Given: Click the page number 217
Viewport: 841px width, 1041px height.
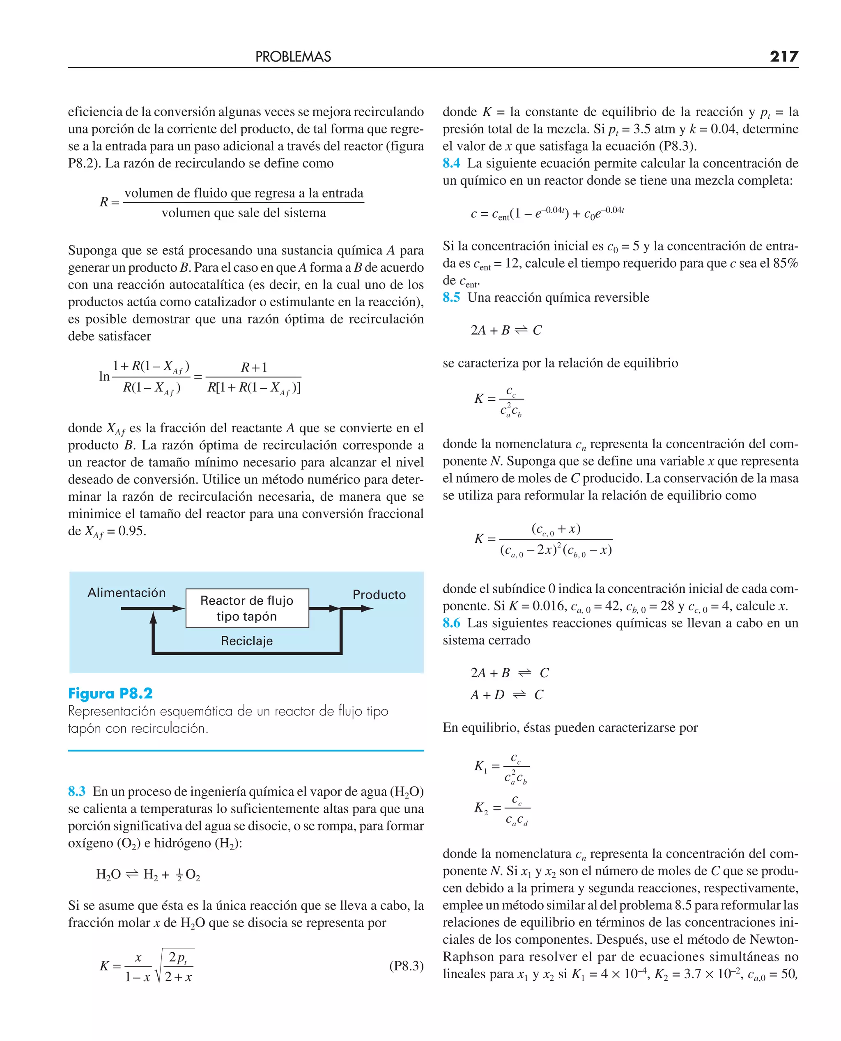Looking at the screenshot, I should (784, 57).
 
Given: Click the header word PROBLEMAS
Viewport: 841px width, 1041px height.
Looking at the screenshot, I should (293, 57).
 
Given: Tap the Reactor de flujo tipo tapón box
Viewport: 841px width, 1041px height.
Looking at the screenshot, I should (247, 608).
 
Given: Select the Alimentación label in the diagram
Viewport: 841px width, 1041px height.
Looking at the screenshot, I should (126, 593).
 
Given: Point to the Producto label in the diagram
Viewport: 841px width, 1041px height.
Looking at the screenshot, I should (379, 594).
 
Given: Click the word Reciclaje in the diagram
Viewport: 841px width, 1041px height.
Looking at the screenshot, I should (246, 641).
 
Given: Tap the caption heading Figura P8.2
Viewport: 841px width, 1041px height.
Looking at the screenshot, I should (110, 693).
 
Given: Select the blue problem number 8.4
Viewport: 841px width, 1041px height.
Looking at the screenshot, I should (451, 163).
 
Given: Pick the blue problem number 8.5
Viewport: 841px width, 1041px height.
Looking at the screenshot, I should (451, 297).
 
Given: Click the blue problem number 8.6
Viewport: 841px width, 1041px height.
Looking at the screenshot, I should (451, 623).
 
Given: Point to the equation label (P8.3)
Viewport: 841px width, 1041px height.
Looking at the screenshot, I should (406, 966).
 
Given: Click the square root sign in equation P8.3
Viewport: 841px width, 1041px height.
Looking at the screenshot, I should (159, 967).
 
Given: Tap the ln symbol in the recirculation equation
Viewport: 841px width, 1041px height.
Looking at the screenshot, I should (104, 376).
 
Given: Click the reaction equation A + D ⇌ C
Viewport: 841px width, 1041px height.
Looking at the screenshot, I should (507, 695).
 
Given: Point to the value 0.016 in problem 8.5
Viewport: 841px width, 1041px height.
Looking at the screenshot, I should (549, 606).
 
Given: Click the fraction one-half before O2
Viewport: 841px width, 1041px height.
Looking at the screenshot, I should (179, 875).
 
